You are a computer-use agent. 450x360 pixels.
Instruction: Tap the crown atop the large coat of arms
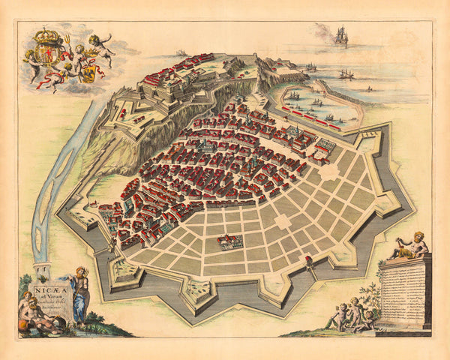[49, 36]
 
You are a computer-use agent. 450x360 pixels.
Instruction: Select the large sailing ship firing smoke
[341, 36]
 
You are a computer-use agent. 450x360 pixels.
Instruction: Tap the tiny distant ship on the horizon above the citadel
[180, 52]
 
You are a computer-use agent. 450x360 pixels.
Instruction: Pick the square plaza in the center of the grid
[283, 222]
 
